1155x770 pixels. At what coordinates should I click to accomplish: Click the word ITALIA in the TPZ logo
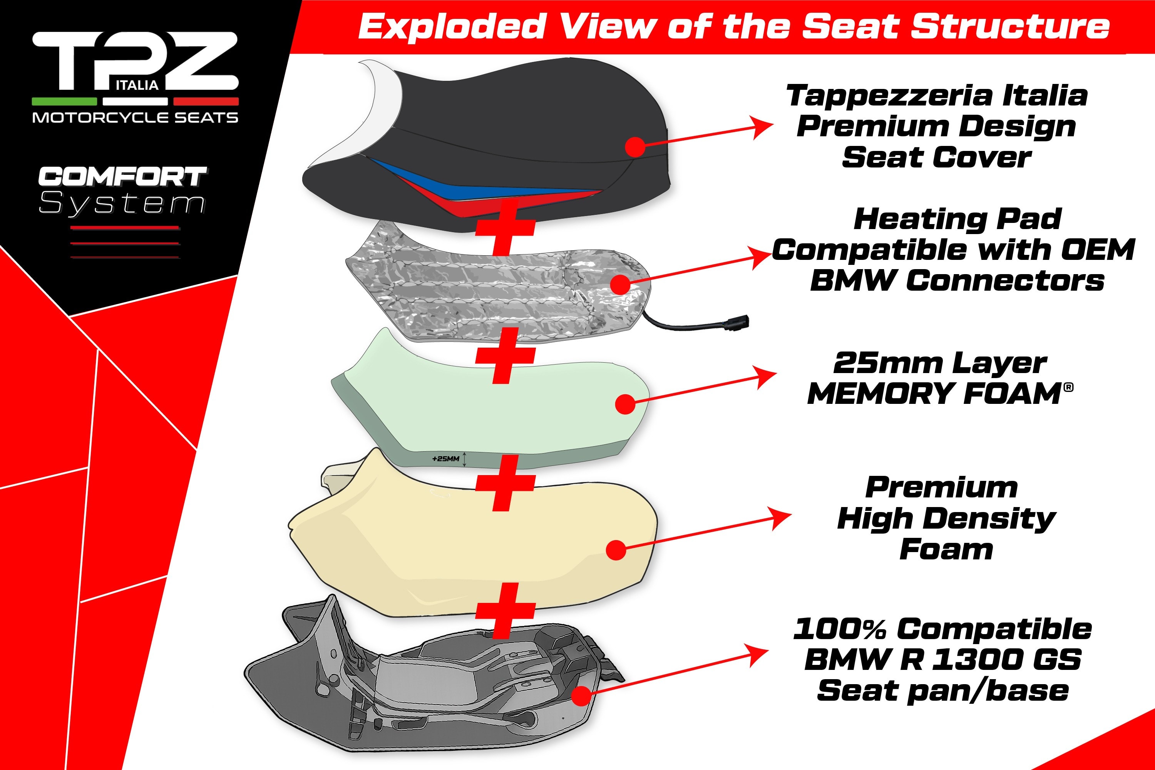(x=137, y=85)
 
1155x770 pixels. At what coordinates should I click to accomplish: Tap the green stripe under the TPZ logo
(x=64, y=102)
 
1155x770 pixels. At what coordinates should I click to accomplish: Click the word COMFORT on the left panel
(x=122, y=177)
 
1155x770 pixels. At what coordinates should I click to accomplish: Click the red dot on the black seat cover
(x=635, y=146)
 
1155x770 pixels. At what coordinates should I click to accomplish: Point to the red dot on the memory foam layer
(x=626, y=403)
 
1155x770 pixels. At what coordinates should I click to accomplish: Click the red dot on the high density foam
(x=616, y=550)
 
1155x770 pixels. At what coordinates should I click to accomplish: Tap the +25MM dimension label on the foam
(x=446, y=459)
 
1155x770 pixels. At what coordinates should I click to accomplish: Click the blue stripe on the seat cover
(x=471, y=182)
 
